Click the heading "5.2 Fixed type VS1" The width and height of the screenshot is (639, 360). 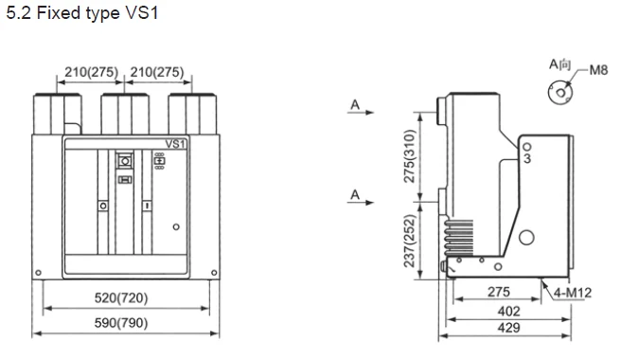[82, 13]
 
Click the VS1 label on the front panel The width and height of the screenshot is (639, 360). [175, 144]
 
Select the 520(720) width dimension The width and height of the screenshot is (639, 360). [121, 297]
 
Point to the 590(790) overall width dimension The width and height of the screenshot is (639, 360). [121, 323]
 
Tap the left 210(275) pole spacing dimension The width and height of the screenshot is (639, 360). [91, 72]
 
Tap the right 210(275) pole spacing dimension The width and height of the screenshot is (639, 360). [157, 72]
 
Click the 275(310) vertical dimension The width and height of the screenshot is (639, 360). [409, 156]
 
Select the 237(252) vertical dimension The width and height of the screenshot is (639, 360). [409, 241]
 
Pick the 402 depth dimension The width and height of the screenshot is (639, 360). [508, 312]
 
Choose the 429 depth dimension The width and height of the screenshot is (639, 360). [508, 328]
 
